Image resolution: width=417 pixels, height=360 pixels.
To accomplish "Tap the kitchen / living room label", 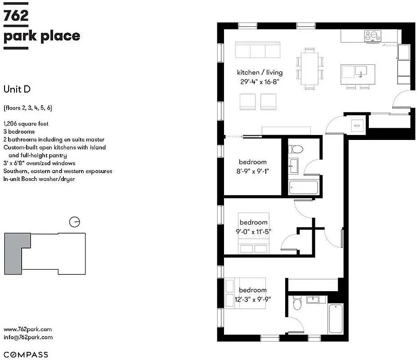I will [260, 72].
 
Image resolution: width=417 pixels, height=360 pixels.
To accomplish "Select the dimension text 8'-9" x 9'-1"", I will [252, 171].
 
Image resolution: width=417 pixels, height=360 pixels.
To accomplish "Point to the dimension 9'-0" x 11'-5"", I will [253, 232].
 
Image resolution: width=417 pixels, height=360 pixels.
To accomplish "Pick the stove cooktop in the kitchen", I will [372, 35].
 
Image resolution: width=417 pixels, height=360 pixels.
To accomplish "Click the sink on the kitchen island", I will [361, 71].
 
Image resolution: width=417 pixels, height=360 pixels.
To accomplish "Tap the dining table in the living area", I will [309, 68].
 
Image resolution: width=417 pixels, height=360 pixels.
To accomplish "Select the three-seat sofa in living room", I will [258, 50].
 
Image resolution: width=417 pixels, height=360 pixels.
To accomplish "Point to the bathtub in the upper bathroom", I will [303, 187].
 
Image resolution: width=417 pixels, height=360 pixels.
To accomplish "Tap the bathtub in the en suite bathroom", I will [336, 318].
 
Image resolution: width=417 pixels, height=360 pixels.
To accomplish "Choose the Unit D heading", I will [17, 89].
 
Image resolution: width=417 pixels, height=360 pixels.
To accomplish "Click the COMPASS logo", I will [26, 355].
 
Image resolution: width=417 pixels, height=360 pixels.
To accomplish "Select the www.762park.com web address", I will [27, 329].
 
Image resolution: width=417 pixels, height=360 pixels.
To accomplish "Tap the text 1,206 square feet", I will [26, 123].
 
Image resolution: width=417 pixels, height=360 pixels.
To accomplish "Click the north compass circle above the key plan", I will [75, 222].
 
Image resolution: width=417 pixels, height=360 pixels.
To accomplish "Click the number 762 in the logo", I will [16, 16].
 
